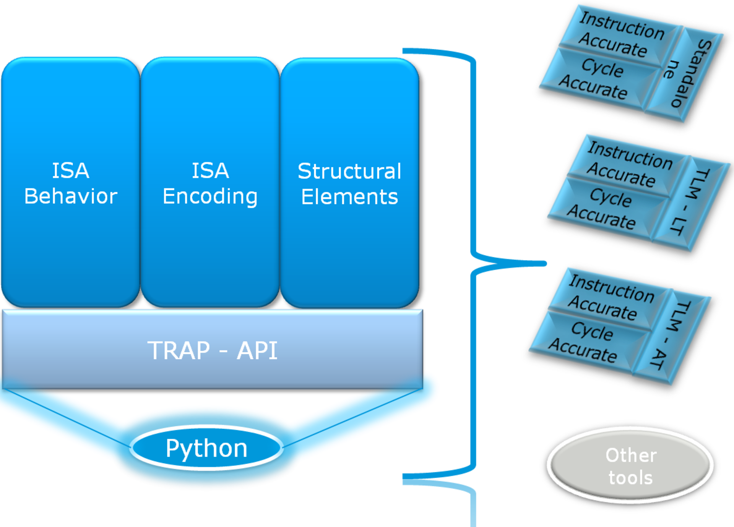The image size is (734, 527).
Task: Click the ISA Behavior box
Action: click(x=70, y=182)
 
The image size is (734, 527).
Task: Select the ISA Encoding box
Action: click(x=210, y=182)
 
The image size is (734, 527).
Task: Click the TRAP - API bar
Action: click(x=213, y=350)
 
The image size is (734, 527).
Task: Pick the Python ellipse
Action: click(x=206, y=448)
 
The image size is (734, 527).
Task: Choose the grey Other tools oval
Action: click(x=630, y=465)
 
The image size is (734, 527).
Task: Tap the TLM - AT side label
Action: click(x=672, y=336)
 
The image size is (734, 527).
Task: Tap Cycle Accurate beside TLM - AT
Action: click(x=589, y=341)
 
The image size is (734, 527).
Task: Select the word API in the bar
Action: click(x=257, y=350)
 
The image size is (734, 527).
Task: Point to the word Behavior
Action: click(x=71, y=196)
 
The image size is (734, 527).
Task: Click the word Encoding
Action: click(x=210, y=196)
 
